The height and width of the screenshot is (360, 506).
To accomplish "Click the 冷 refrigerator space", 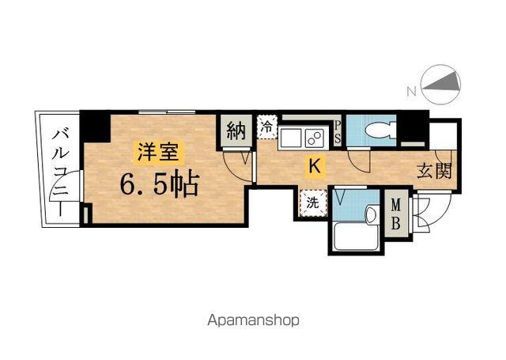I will click(267, 127).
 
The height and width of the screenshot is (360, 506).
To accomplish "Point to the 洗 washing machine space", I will click(313, 202).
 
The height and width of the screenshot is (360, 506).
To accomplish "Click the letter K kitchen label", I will click(315, 166).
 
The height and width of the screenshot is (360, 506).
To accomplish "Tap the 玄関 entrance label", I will click(434, 169).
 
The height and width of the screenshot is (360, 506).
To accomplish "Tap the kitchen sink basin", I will click(289, 138).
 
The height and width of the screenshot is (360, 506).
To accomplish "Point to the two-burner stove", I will click(315, 138).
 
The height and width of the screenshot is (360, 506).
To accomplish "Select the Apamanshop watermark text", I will click(253, 321).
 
